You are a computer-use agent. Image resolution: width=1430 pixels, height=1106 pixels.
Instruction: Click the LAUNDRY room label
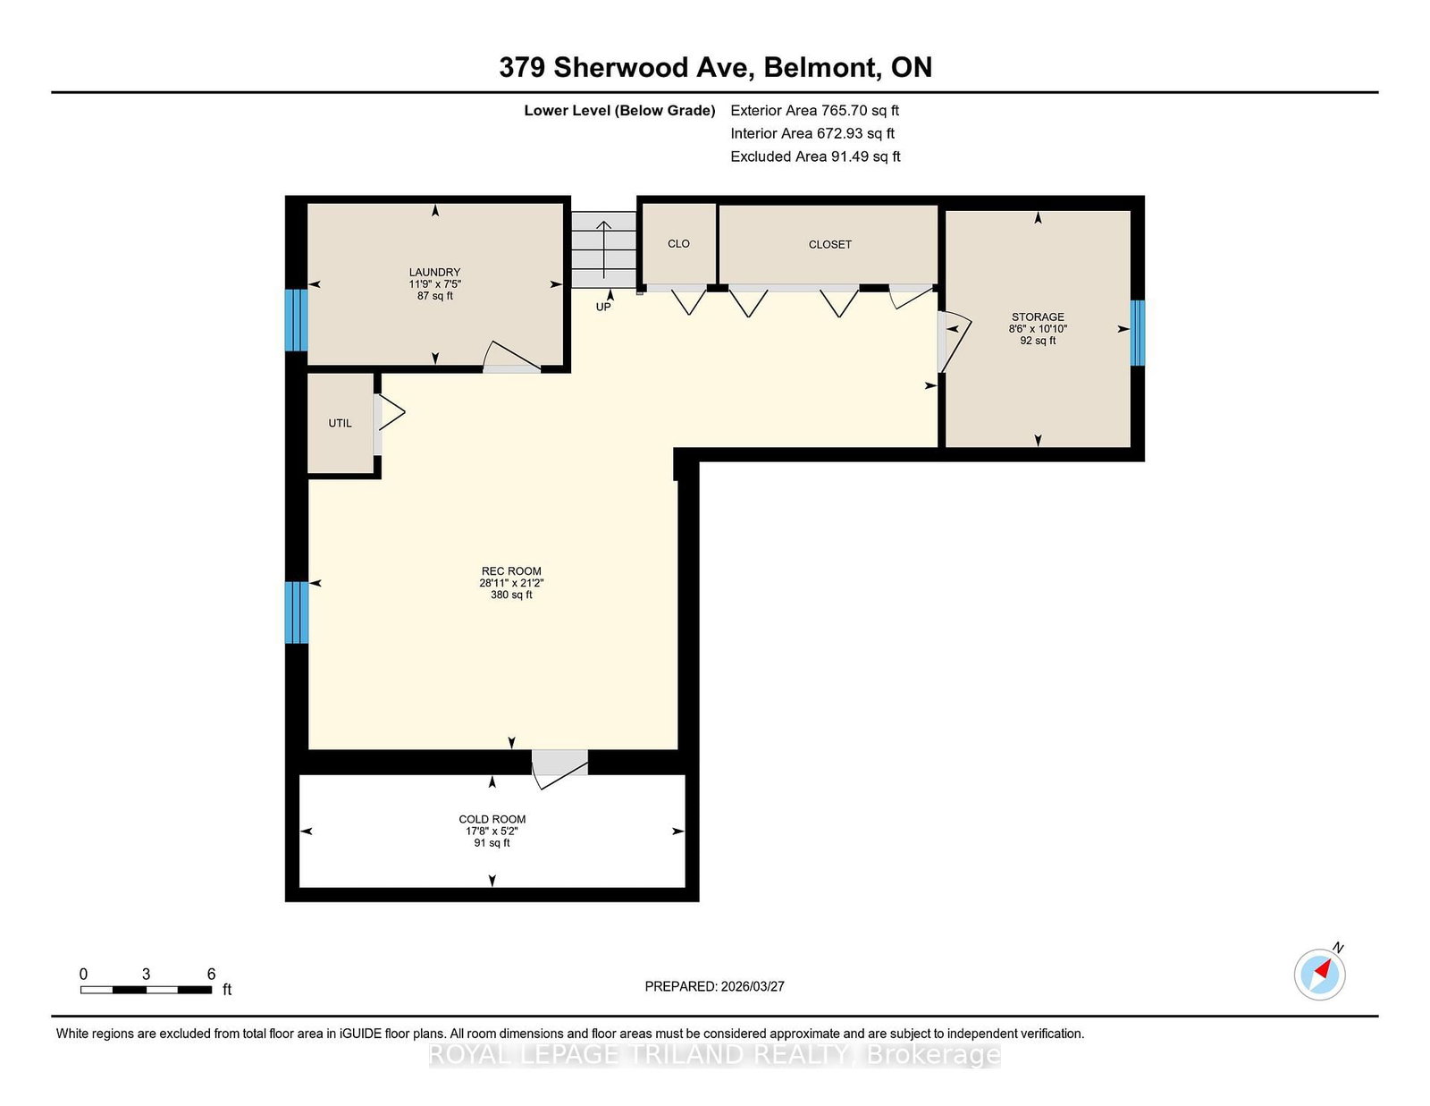tap(434, 272)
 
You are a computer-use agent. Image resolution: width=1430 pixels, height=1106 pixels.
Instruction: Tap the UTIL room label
tap(340, 423)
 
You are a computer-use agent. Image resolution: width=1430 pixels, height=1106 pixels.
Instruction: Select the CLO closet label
tap(678, 243)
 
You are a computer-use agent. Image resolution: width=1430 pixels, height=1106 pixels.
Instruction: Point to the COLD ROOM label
tap(492, 819)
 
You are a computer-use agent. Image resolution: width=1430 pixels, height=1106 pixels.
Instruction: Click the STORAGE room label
tap(1038, 317)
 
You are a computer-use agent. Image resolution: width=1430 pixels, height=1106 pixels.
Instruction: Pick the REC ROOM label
tap(511, 570)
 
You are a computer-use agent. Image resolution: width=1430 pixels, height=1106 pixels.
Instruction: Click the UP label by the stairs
tap(603, 307)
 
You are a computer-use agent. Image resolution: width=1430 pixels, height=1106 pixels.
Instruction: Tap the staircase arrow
tap(603, 249)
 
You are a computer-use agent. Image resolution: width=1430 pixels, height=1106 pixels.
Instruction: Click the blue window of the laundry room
tap(296, 320)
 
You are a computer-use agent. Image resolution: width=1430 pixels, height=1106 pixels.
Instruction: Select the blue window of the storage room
tap(1137, 333)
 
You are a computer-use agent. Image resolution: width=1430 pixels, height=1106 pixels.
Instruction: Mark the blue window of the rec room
tap(296, 612)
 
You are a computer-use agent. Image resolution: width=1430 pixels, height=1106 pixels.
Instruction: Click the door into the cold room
tap(560, 768)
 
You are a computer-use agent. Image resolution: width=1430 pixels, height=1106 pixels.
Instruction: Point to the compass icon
tap(1319, 973)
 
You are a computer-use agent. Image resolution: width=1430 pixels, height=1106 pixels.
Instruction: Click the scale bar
tap(146, 990)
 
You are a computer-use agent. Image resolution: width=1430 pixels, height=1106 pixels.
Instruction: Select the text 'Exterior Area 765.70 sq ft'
tap(815, 111)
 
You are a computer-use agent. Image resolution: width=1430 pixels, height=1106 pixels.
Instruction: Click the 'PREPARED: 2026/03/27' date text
tap(715, 986)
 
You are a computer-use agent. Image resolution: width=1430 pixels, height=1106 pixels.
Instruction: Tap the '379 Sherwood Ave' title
tap(626, 67)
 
